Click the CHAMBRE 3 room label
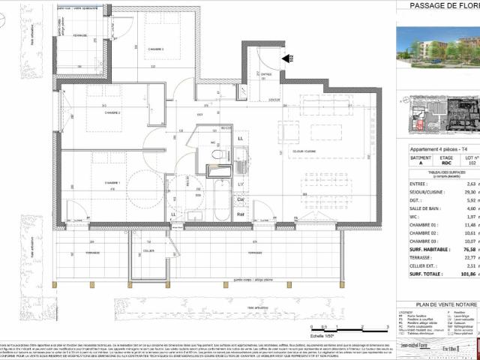click(x=154, y=49)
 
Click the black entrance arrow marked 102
click(x=286, y=57)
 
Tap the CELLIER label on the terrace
click(x=148, y=250)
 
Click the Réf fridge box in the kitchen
click(x=240, y=214)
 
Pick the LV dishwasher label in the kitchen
click(x=240, y=184)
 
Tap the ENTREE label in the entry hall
click(x=265, y=74)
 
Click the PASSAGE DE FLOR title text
click(x=443, y=6)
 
